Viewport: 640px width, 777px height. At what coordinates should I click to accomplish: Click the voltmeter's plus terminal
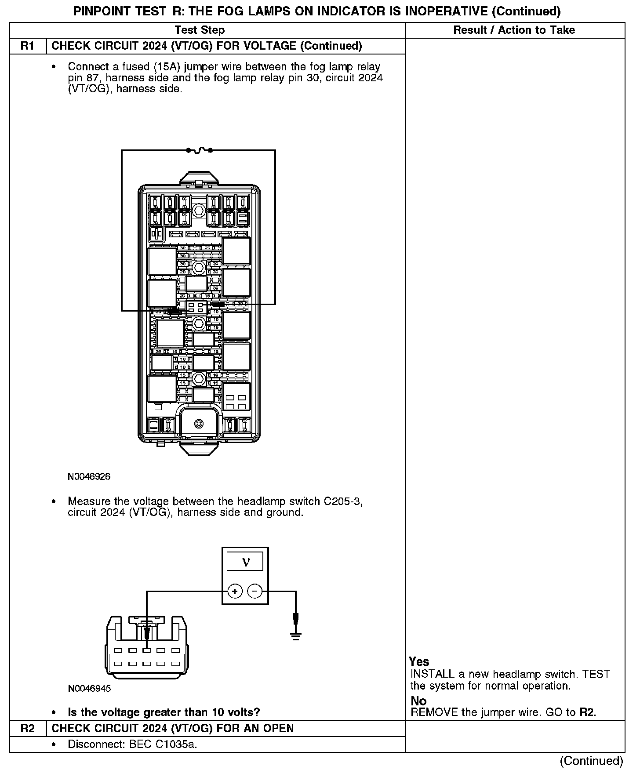235,591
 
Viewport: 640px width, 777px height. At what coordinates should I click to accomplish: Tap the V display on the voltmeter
245,562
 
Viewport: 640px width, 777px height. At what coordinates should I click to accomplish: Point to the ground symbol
296,635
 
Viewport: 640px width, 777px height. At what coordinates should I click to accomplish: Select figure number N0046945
89,688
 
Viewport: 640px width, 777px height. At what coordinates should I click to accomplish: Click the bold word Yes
419,661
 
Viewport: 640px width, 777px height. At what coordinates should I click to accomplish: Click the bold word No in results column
418,701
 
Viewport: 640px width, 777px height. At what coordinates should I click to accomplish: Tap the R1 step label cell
28,46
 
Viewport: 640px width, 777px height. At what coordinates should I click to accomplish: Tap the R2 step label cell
28,728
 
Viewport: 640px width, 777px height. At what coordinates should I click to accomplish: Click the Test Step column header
200,30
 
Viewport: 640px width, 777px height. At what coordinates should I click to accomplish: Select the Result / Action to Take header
514,30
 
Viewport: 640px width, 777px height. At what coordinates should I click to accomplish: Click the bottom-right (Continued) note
591,761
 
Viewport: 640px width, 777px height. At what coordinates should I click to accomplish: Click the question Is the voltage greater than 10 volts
164,712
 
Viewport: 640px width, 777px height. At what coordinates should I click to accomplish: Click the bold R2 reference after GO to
587,712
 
